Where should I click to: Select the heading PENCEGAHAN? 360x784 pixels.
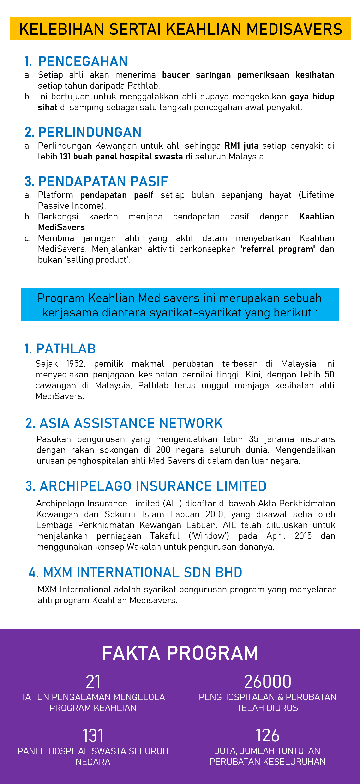pos(83,61)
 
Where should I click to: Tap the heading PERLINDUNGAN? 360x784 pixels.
pos(90,132)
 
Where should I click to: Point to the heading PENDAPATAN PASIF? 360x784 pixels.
pos(103,182)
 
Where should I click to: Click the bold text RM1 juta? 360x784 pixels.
pos(241,146)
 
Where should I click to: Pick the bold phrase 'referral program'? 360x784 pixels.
pos(277,249)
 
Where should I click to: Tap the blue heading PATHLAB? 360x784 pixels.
pos(66,349)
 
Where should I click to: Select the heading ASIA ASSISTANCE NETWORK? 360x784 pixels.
pos(131,423)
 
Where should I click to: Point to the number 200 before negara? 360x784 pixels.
pos(163,450)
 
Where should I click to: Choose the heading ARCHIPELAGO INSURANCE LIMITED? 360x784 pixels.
pos(153,486)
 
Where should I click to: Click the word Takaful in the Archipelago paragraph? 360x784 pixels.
pos(165,536)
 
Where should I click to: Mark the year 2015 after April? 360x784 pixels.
pos(303,536)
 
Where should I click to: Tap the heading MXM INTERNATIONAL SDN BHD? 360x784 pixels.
pos(142,572)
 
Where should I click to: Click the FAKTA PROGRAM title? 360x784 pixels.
pos(180,653)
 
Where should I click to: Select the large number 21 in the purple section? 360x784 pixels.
pos(93,682)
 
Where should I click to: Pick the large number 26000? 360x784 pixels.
pos(268,682)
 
